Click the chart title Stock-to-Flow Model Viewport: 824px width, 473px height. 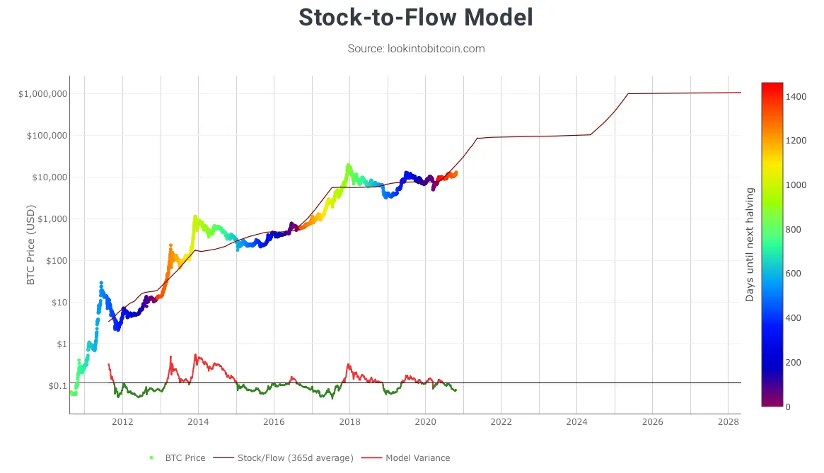pyautogui.click(x=416, y=18)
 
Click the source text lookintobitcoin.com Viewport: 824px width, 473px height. pyautogui.click(x=416, y=49)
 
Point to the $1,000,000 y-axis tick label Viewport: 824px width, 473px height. pyautogui.click(x=44, y=94)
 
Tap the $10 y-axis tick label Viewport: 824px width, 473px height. pyautogui.click(x=58, y=303)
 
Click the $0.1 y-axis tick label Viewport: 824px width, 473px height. pyautogui.click(x=57, y=386)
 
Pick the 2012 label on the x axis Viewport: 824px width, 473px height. pyautogui.click(x=122, y=422)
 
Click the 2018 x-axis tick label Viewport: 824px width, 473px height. pyautogui.click(x=349, y=422)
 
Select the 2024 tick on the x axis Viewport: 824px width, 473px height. pyautogui.click(x=576, y=422)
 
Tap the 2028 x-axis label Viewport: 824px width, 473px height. pyautogui.click(x=728, y=422)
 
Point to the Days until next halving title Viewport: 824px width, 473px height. pyautogui.click(x=750, y=244)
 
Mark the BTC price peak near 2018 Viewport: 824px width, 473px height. pyautogui.click(x=348, y=165)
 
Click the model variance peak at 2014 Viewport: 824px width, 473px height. pyautogui.click(x=195, y=355)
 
